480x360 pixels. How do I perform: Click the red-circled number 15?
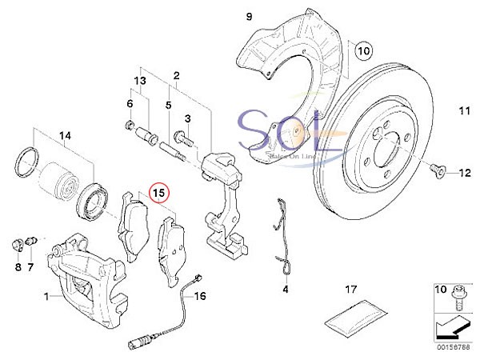tap(158, 193)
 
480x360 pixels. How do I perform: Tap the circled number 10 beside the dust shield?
tap(364, 50)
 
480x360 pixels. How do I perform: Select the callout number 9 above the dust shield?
tap(249, 17)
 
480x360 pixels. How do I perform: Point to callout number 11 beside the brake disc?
tap(464, 110)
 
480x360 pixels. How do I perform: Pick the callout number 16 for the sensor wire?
tap(200, 296)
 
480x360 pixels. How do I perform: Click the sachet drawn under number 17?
tap(355, 318)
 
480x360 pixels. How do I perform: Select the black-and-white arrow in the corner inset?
tap(452, 328)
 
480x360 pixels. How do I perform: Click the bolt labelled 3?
tap(183, 138)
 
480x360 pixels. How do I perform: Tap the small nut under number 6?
tap(130, 125)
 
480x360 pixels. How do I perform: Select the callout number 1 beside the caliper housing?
tap(46, 296)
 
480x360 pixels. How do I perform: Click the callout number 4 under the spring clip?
tap(286, 289)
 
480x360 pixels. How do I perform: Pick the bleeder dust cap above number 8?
tap(17, 246)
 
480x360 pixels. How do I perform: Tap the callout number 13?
tap(140, 81)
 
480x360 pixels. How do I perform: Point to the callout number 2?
tap(176, 76)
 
